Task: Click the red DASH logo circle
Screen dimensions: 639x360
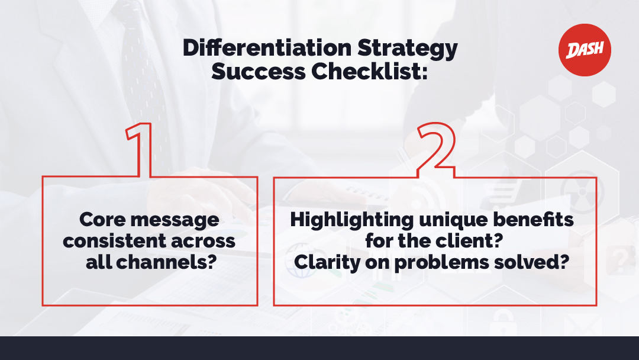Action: pos(585,50)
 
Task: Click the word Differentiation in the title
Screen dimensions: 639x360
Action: pos(267,47)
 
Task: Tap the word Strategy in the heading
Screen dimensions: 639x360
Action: pos(408,50)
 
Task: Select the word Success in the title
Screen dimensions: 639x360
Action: pos(259,71)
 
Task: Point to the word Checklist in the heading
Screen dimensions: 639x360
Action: pos(369,71)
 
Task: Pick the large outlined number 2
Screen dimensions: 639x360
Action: pos(435,150)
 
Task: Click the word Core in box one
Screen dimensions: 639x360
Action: pos(102,220)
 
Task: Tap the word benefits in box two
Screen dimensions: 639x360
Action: pos(533,220)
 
